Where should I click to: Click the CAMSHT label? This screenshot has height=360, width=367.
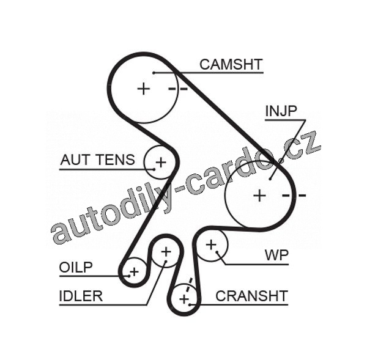pyautogui.click(x=231, y=64)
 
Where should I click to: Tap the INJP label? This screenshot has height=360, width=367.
pyautogui.click(x=281, y=111)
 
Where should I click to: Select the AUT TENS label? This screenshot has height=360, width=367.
pyautogui.click(x=97, y=160)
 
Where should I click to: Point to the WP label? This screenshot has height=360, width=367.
pyautogui.click(x=276, y=254)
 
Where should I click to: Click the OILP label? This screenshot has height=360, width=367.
pyautogui.click(x=76, y=267)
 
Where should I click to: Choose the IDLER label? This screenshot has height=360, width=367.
pyautogui.click(x=81, y=296)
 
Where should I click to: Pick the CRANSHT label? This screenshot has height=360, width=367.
pyautogui.click(x=251, y=296)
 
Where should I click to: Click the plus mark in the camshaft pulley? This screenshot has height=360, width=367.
pyautogui.click(x=143, y=89)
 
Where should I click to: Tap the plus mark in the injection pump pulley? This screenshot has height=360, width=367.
pyautogui.click(x=260, y=196)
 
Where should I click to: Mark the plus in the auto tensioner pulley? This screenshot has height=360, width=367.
pyautogui.click(x=160, y=162)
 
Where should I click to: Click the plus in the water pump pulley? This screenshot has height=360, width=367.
pyautogui.click(x=211, y=245)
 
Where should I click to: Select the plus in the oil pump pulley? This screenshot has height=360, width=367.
pyautogui.click(x=134, y=271)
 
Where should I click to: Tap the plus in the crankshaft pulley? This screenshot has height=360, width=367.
pyautogui.click(x=184, y=299)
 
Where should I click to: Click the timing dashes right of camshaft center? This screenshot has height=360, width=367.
pyautogui.click(x=177, y=89)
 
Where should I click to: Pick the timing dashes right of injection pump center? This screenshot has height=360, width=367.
pyautogui.click(x=294, y=196)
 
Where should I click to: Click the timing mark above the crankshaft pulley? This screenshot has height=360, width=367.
pyautogui.click(x=190, y=282)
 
